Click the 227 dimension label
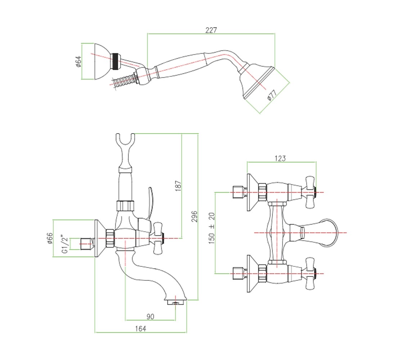pyautogui.click(x=211, y=30)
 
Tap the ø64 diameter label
pyautogui.click(x=78, y=62)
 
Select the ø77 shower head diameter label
pyautogui.click(x=272, y=95)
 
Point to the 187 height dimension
pyautogui.click(x=178, y=186)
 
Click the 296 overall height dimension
pyautogui.click(x=194, y=216)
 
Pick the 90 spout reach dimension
pyautogui.click(x=150, y=316)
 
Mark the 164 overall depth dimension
pyautogui.click(x=140, y=328)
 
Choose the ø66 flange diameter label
pyautogui.click(x=50, y=238)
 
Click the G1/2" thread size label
pyautogui.click(x=65, y=244)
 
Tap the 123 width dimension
pyautogui.click(x=280, y=158)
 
